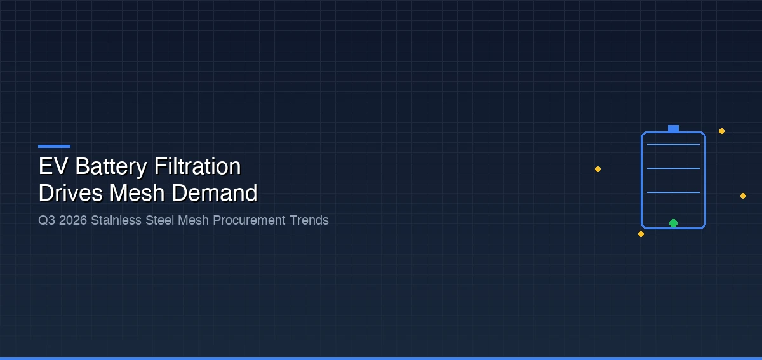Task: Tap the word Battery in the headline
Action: coord(111,168)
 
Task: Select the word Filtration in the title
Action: coord(197,166)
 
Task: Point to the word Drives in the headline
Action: coord(70,193)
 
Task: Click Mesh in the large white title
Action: coord(137,193)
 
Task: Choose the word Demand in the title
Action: coord(215,193)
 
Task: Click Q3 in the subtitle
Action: coord(46,220)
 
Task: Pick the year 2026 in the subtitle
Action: coord(73,220)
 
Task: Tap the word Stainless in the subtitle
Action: coord(116,220)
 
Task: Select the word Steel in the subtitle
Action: coord(160,220)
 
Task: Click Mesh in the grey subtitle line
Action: coord(193,220)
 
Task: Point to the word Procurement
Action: coord(250,220)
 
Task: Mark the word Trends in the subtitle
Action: coord(309,220)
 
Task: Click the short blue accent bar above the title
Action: coord(55,146)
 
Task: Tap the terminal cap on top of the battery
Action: coord(673,129)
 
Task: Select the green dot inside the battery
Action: coord(673,223)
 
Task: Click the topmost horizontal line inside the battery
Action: coord(673,145)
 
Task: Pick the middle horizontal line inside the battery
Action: coord(673,168)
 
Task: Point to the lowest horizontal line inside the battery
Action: coord(673,192)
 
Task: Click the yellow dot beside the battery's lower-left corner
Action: coord(641,234)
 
